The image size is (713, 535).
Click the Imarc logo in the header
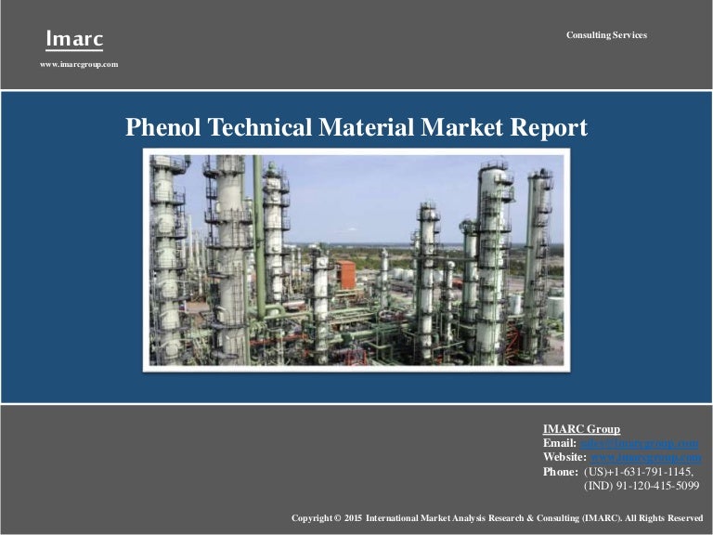(x=75, y=39)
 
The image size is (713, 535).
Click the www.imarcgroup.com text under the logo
(x=79, y=64)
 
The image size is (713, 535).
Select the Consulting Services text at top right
(x=606, y=35)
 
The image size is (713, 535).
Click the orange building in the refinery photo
(x=346, y=275)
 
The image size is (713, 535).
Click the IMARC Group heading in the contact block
(x=581, y=428)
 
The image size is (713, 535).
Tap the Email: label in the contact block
(x=560, y=443)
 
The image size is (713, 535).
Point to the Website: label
(x=564, y=457)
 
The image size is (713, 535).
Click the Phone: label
(x=562, y=472)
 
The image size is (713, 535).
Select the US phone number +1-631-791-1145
(x=639, y=472)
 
